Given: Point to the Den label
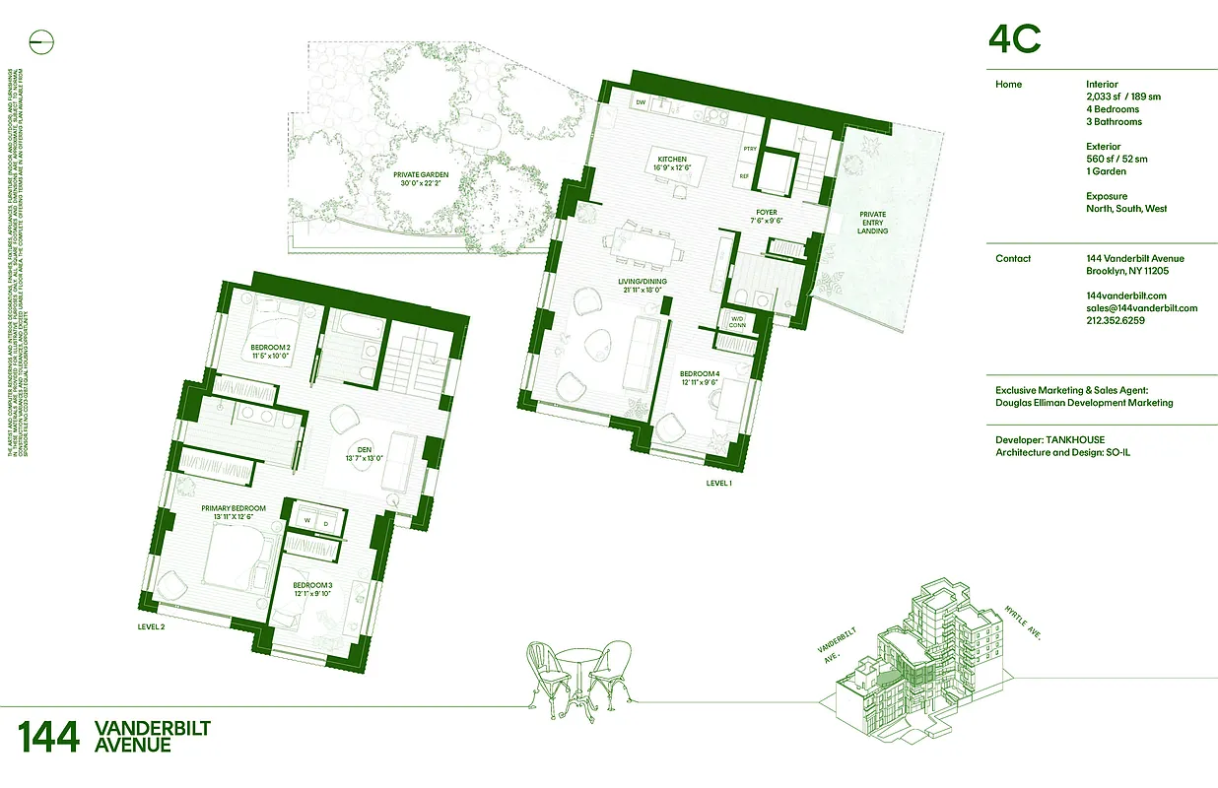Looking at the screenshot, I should coord(362,454).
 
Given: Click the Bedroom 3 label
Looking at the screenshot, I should coord(314,589).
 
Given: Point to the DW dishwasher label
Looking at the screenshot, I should coord(640,102).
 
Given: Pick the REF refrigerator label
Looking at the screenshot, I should coord(745,177).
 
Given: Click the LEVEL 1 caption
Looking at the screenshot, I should coord(719,484).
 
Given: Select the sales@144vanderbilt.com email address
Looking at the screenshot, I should coord(1141,307).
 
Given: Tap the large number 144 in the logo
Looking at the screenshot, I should coord(48,737).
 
